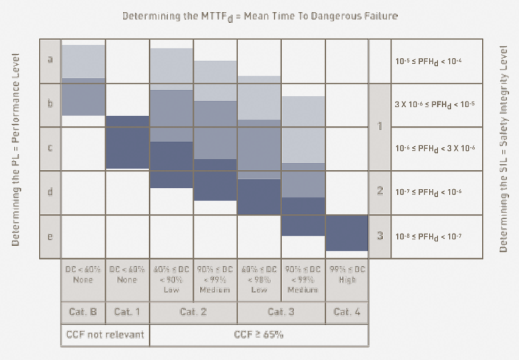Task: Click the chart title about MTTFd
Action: coord(259,16)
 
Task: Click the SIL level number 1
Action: coord(380,127)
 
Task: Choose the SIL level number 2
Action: coord(380,192)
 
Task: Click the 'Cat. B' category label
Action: coord(83,312)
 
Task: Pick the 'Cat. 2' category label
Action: coord(193,312)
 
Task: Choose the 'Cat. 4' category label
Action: coord(347,312)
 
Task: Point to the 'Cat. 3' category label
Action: coord(281,312)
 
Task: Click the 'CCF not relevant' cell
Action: coord(105,334)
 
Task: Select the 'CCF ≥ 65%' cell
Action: coord(259,334)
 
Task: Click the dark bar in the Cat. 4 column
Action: coord(347,233)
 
